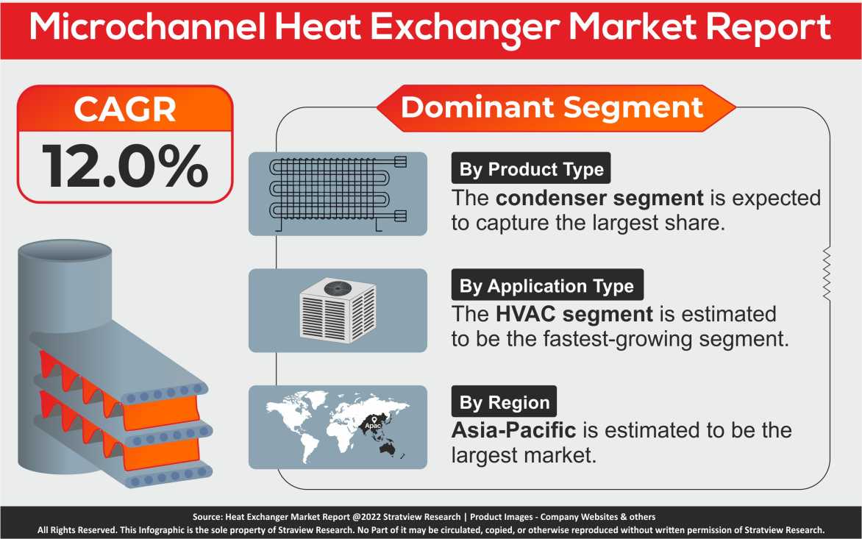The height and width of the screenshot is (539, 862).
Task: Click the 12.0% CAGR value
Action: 124,167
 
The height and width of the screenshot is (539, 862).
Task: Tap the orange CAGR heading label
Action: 124,110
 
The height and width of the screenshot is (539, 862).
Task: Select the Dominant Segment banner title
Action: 552,107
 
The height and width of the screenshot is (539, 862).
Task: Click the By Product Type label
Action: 531,170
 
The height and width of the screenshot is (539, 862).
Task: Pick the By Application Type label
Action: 546,285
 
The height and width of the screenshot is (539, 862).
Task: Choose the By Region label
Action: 504,402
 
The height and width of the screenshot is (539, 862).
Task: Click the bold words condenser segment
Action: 599,198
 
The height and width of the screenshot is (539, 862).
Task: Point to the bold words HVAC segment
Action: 574,315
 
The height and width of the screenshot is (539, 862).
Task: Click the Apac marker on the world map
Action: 372,423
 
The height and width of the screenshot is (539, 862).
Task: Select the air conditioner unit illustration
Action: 338,309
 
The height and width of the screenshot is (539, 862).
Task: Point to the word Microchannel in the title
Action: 148,29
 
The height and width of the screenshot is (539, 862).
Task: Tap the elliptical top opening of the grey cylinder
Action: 65,250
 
